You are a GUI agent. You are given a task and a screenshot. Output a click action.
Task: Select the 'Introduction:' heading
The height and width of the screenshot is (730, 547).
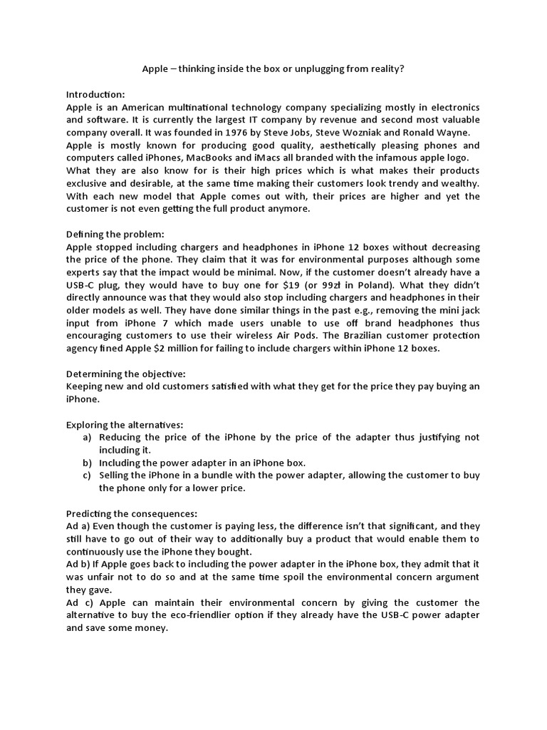tap(95, 94)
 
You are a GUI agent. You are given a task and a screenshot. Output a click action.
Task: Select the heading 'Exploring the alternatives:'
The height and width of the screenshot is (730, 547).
tap(123, 423)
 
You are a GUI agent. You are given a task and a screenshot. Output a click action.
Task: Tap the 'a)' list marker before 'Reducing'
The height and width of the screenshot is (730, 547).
tap(87, 436)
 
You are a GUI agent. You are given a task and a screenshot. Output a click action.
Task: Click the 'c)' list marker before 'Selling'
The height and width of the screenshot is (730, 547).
tap(87, 475)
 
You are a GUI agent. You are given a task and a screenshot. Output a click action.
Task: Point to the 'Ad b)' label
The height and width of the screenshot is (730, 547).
tap(79, 564)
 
